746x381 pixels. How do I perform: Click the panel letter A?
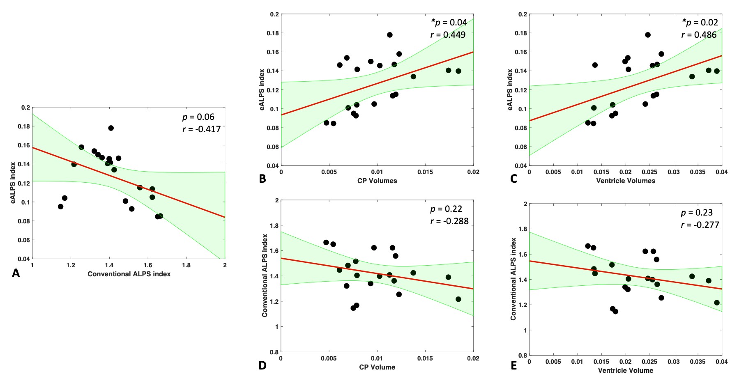point(16,273)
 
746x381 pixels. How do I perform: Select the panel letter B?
point(262,179)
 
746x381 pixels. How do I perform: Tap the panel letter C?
point(513,179)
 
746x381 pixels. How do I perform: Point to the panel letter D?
point(262,365)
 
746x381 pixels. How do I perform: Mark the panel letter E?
point(513,365)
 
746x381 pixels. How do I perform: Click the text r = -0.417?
point(201,129)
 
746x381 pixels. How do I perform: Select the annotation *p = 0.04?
point(449,22)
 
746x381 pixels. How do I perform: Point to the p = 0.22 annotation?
point(446,209)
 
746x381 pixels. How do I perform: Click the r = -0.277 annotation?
point(700,225)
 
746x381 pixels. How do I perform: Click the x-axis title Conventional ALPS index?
point(129,274)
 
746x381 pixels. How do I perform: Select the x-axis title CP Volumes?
point(377,181)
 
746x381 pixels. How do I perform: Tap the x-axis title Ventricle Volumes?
point(626,181)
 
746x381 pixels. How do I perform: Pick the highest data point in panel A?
point(111,128)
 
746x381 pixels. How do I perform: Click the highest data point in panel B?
point(389,35)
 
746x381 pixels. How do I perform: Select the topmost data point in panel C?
point(648,35)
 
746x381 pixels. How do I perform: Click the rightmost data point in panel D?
point(458,299)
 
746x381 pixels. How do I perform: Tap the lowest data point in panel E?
point(615,311)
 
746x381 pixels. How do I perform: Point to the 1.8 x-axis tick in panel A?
point(186,265)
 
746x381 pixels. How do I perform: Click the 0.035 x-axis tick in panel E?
point(698,362)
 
